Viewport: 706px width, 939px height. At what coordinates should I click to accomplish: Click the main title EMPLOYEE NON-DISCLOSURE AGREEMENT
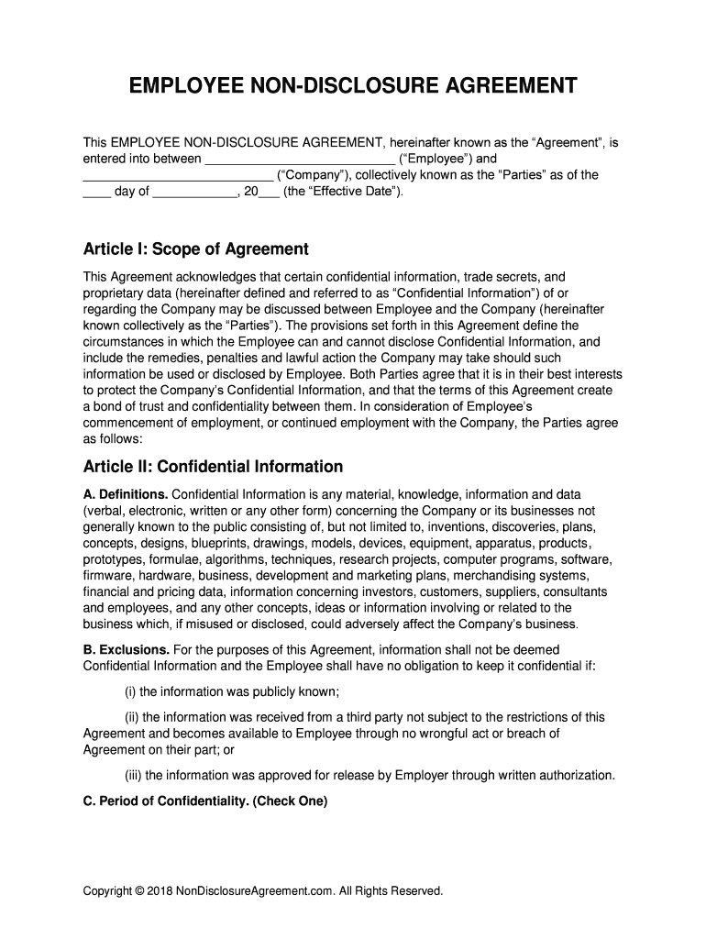pos(353,87)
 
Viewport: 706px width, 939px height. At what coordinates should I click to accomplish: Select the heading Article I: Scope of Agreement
pos(196,249)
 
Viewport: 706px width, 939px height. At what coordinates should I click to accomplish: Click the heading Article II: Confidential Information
pos(213,467)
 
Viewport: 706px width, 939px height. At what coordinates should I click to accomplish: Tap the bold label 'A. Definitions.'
pos(126,494)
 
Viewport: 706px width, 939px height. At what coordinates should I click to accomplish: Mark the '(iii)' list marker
pos(134,776)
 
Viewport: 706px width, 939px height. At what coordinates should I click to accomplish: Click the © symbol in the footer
pos(139,890)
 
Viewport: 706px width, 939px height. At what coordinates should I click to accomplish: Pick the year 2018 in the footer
pos(160,890)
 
